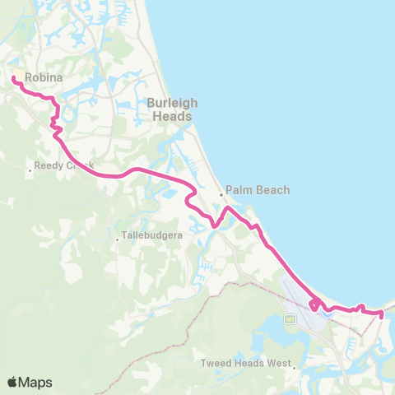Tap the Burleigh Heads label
tap(171, 109)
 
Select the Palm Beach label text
tap(258, 190)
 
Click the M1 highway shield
tap(290, 319)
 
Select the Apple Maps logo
tap(30, 382)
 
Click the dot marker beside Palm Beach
tap(221, 195)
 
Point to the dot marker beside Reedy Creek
tap(30, 170)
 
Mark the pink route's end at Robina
tap(14, 78)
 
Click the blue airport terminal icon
tap(328, 311)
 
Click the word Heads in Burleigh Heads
tap(171, 116)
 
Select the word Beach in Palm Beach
tap(273, 190)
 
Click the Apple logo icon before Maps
tap(12, 382)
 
